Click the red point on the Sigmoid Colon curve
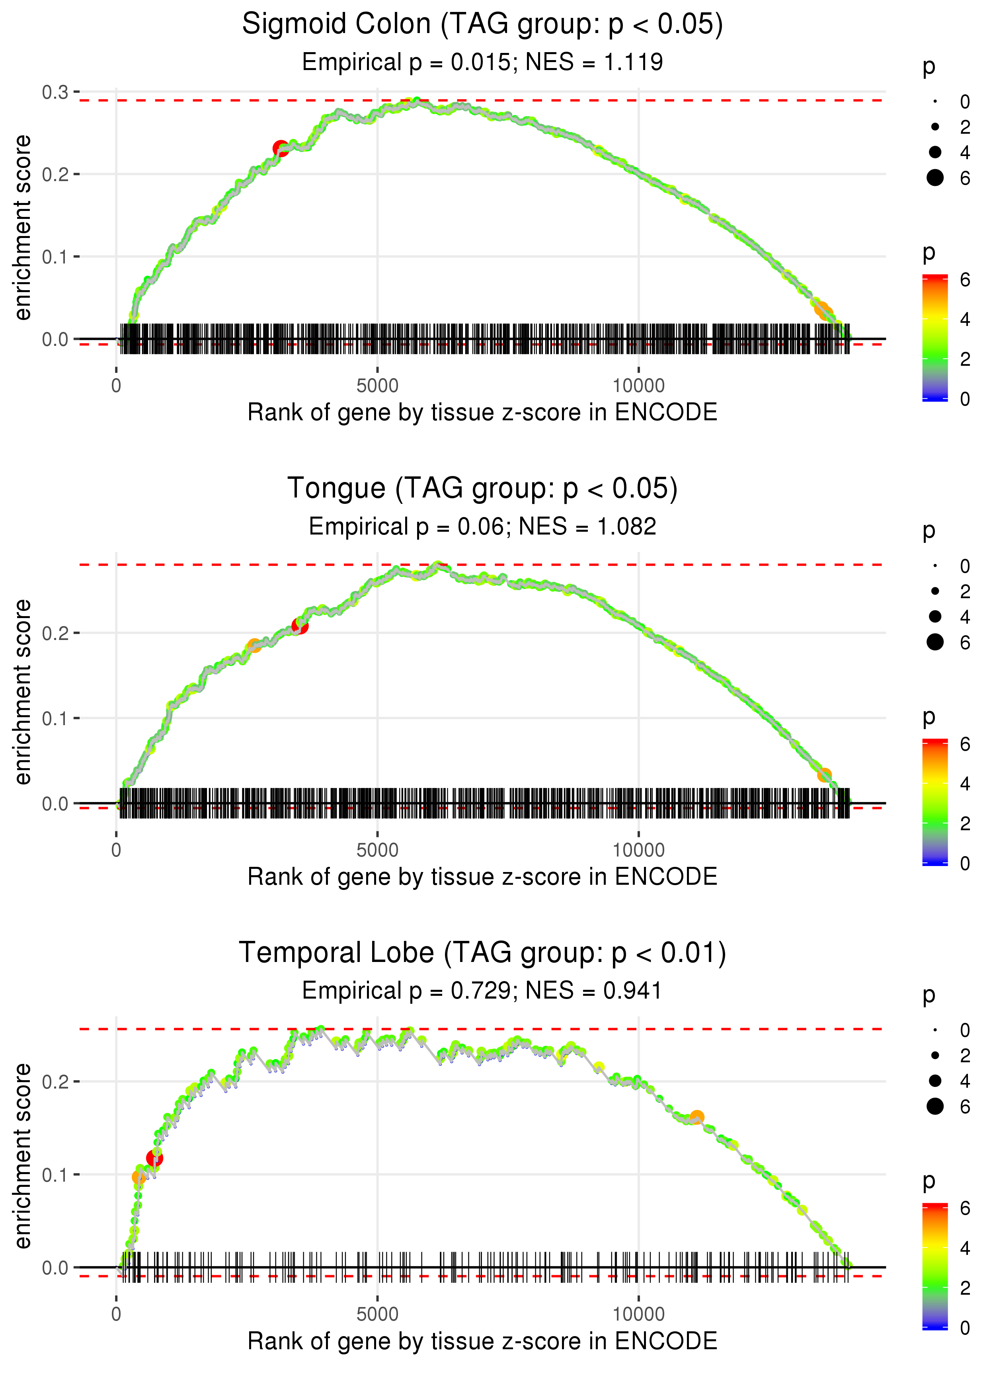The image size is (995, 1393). (x=281, y=148)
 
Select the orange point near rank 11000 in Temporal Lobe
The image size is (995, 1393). (x=696, y=1117)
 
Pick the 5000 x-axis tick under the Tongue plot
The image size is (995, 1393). (x=377, y=850)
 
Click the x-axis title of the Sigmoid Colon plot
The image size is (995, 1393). (x=482, y=412)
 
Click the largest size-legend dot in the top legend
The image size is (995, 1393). (x=935, y=178)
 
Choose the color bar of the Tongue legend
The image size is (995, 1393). (x=935, y=802)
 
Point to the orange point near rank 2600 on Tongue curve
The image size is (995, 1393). (x=254, y=646)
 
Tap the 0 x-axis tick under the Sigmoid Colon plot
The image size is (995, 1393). (x=116, y=386)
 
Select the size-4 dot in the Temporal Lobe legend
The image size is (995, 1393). (x=935, y=1081)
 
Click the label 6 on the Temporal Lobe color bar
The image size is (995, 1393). (x=965, y=1208)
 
